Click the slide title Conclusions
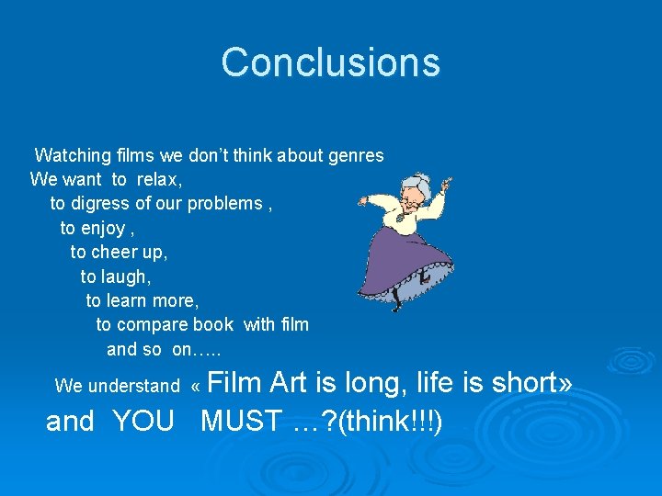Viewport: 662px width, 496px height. [x=330, y=62]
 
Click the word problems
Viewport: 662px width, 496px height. [x=225, y=203]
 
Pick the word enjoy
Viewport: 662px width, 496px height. [x=104, y=228]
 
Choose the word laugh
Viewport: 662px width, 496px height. [x=128, y=276]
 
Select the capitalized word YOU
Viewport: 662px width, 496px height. [x=143, y=422]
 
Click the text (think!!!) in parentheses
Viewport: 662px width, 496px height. [x=391, y=422]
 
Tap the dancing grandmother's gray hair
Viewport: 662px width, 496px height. [x=419, y=181]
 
